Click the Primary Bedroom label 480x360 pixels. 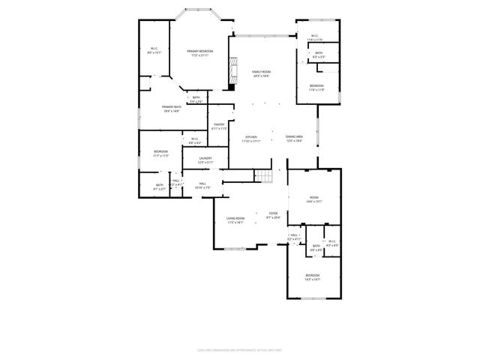[199, 52]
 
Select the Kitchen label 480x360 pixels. [250, 139]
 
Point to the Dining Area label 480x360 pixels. [294, 138]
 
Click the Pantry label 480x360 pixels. [219, 126]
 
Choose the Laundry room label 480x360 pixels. [205, 160]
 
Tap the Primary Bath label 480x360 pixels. [171, 109]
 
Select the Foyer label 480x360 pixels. [273, 215]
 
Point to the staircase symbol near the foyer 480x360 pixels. [262, 176]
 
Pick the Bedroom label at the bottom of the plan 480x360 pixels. [313, 277]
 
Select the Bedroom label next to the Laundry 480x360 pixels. [160, 154]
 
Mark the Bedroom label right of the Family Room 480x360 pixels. [317, 87]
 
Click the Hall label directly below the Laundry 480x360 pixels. [202, 184]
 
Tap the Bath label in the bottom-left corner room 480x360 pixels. [159, 186]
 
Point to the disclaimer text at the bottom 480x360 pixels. [240, 349]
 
